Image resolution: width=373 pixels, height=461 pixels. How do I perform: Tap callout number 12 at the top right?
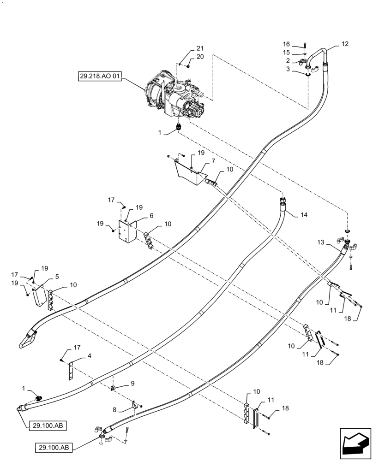(345, 44)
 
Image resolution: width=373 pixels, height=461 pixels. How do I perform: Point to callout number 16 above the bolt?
(287, 44)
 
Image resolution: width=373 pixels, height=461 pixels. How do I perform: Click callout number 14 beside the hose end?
(304, 215)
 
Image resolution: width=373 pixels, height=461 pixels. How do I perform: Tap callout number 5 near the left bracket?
(57, 277)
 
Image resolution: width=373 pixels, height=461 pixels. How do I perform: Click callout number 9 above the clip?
(132, 383)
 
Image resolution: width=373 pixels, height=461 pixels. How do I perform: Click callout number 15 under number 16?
(287, 52)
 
